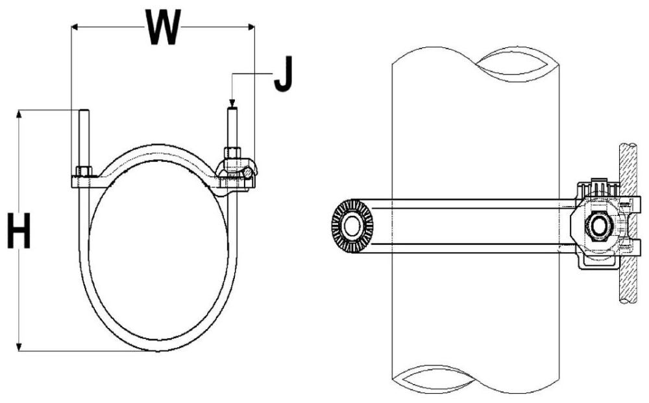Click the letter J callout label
pos(284,76)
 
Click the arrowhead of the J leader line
pos(232,102)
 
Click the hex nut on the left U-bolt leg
pos(84,172)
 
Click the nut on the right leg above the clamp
pos(233,156)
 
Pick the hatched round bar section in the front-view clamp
pos(248,174)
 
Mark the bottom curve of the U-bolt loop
pos(158,347)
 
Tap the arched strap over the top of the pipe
pos(158,150)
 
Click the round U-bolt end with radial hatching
pos(352,226)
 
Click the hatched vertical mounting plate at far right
pos(627,220)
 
